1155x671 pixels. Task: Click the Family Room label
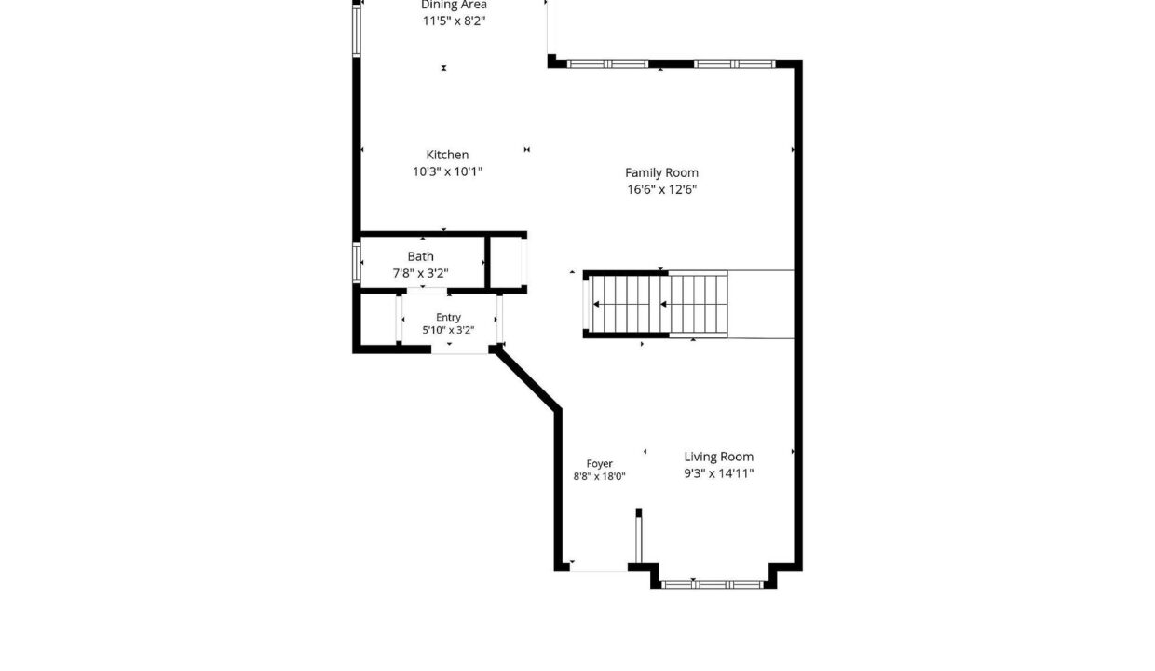(661, 172)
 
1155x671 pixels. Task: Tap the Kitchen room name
(447, 155)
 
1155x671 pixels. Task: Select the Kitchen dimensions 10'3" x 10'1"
(447, 171)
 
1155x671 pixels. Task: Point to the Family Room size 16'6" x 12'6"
(661, 189)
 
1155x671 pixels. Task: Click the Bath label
(420, 256)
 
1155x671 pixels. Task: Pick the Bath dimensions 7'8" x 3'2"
(420, 273)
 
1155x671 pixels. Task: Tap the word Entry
(448, 317)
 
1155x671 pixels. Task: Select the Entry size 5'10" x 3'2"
(448, 330)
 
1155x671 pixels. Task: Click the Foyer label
(599, 464)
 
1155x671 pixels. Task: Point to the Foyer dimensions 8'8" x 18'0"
(599, 476)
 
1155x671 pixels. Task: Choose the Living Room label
(719, 457)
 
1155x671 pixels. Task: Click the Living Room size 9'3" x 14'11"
(719, 472)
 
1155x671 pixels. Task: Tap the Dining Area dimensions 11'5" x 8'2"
(455, 21)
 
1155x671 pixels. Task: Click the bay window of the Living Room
(712, 584)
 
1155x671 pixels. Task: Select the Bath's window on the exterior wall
(357, 263)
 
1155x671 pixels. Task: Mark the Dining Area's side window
(357, 31)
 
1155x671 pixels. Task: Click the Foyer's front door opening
(599, 570)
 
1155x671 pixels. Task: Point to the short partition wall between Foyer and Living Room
(638, 536)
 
